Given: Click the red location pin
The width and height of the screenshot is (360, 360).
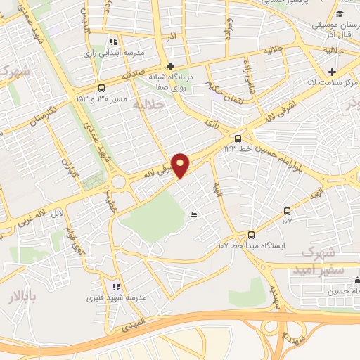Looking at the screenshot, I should [181, 165].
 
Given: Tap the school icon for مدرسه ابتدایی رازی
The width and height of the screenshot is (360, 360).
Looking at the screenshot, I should [114, 42].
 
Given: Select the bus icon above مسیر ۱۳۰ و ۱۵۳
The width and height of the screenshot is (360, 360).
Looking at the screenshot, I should [102, 89].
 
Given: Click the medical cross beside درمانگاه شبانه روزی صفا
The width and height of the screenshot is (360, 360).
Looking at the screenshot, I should [170, 65].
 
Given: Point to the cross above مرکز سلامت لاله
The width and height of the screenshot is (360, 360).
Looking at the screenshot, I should [333, 72].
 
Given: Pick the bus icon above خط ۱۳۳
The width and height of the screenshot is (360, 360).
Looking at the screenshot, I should [238, 139].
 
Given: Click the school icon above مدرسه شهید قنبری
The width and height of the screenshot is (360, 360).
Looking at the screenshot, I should [116, 287].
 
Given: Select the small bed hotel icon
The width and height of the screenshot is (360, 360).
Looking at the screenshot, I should [194, 214].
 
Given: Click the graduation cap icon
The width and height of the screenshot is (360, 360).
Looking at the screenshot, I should [340, 14].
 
